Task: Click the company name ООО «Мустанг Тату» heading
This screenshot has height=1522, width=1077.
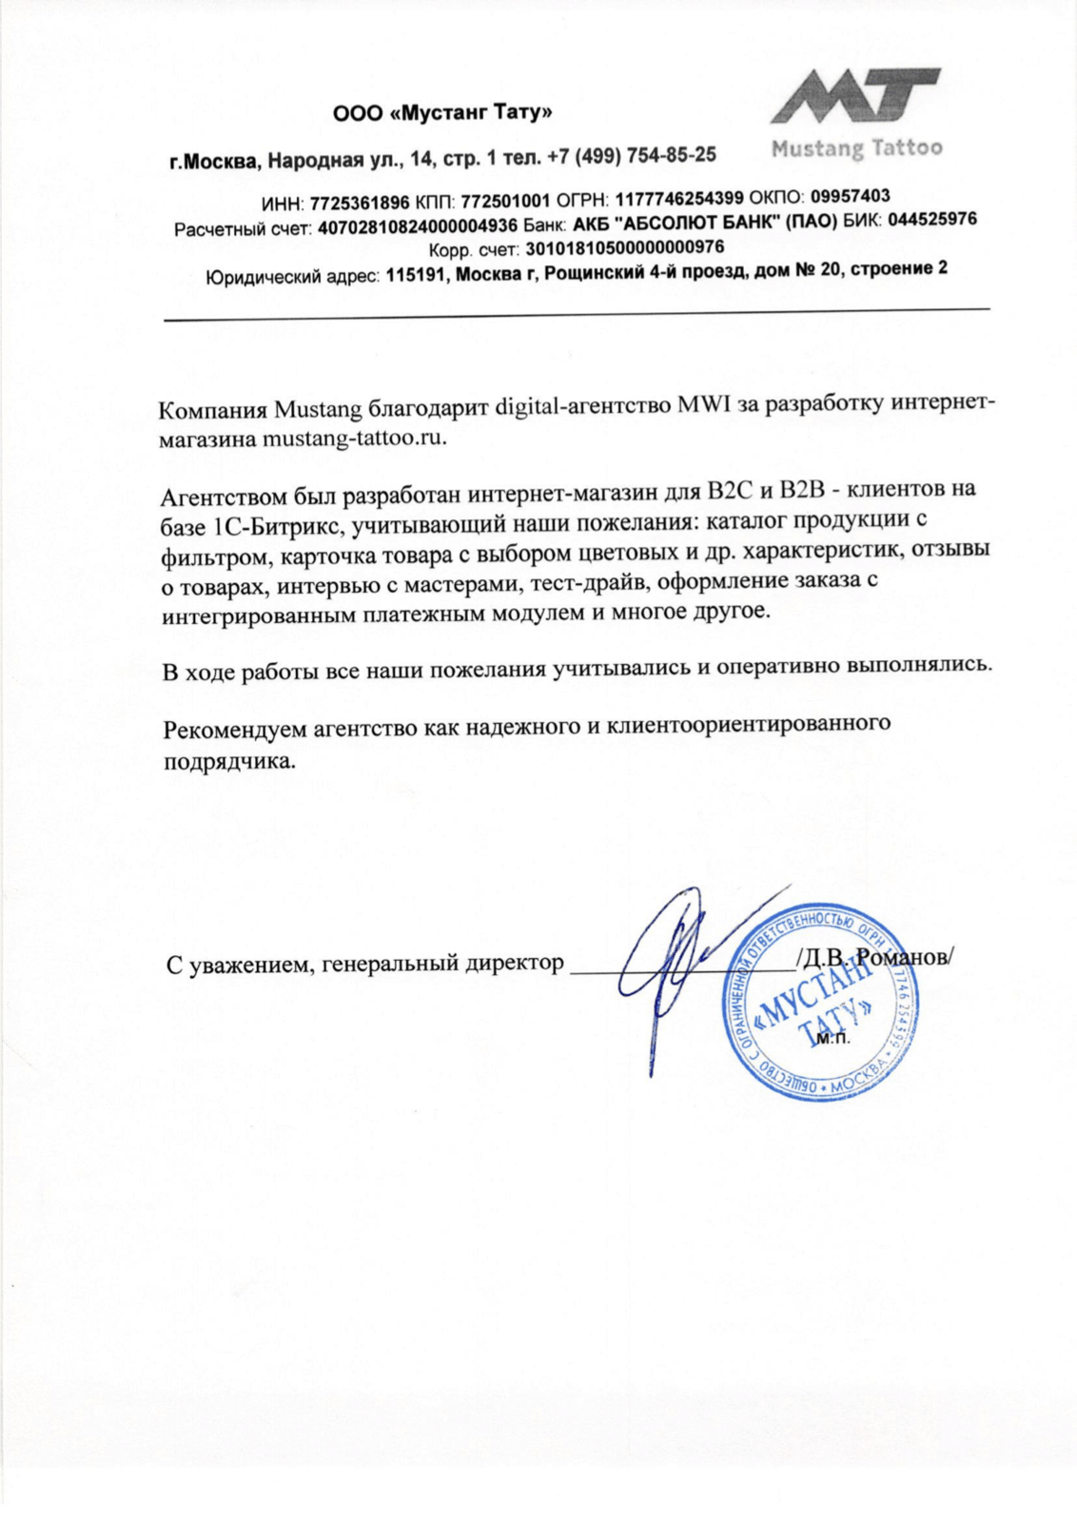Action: tap(442, 113)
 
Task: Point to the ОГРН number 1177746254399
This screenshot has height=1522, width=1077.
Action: tap(679, 199)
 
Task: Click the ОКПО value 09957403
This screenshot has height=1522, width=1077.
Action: tap(851, 196)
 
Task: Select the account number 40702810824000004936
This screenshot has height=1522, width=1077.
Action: tap(418, 227)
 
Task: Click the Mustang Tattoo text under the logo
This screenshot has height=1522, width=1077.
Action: tap(856, 148)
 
